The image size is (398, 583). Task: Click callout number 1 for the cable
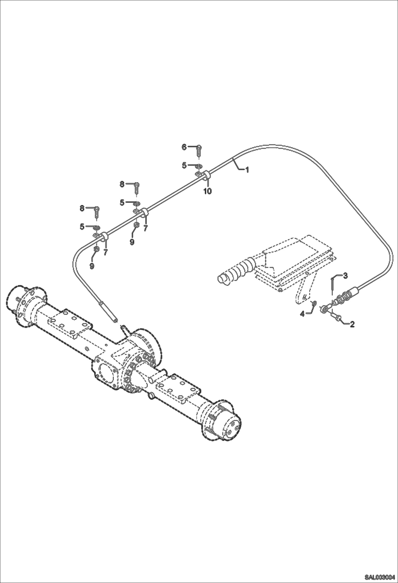[x=247, y=170]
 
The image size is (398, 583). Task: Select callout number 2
[x=352, y=324]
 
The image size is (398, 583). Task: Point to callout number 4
[x=302, y=314]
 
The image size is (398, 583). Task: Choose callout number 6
[x=184, y=147]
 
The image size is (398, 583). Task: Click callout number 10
[x=208, y=191]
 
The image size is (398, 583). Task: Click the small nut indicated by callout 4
[x=314, y=303]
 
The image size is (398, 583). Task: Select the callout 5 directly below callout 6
[x=184, y=165]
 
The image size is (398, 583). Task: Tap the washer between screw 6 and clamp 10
[x=198, y=167]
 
